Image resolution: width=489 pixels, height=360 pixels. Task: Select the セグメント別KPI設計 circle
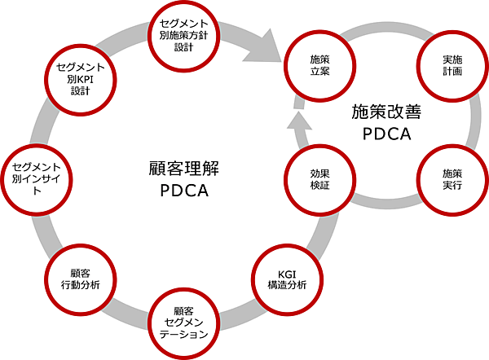pos(81,80)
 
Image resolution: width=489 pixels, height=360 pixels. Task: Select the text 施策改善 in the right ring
pos(385,110)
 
